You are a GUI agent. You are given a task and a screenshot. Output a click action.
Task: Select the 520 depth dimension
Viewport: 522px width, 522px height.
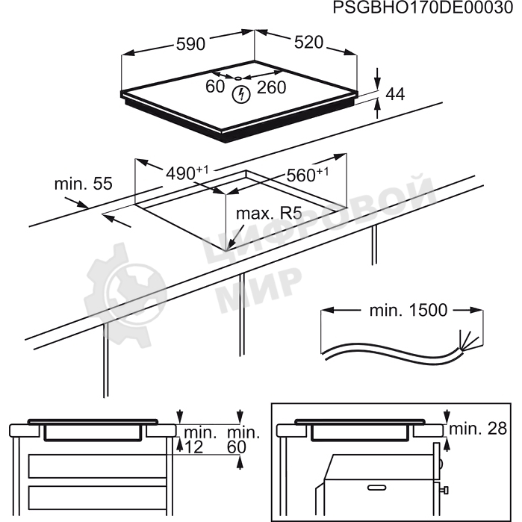[308, 42]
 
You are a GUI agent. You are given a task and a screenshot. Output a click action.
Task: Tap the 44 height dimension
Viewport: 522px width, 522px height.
[395, 95]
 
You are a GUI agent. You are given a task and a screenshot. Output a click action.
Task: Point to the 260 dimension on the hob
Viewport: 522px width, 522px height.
[271, 87]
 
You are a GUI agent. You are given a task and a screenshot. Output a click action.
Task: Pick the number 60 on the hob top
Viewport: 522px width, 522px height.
[215, 87]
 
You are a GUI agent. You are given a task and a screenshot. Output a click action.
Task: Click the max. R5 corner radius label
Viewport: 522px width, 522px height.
[269, 214]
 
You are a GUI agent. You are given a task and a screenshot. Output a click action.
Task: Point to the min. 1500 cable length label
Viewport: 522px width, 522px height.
[408, 311]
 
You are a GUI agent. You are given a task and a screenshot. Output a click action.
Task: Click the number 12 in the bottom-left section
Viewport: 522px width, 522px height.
[195, 447]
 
